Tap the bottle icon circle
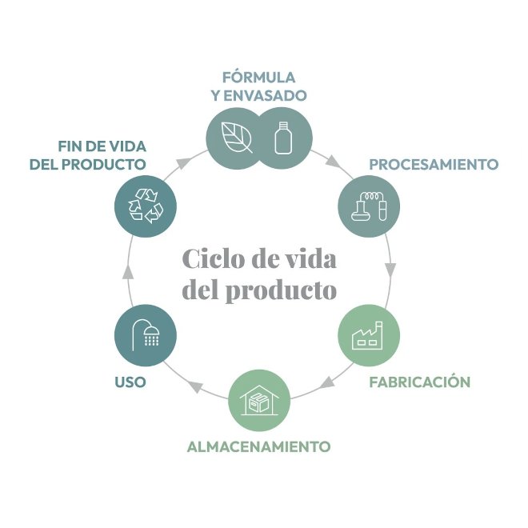click(x=282, y=138)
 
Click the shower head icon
click(x=146, y=334)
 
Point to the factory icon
click(x=369, y=334)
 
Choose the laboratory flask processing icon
click(x=369, y=206)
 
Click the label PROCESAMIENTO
click(x=434, y=165)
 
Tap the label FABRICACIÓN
click(x=419, y=382)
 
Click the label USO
click(x=130, y=382)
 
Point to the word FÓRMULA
click(x=258, y=78)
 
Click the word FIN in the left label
click(x=70, y=146)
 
